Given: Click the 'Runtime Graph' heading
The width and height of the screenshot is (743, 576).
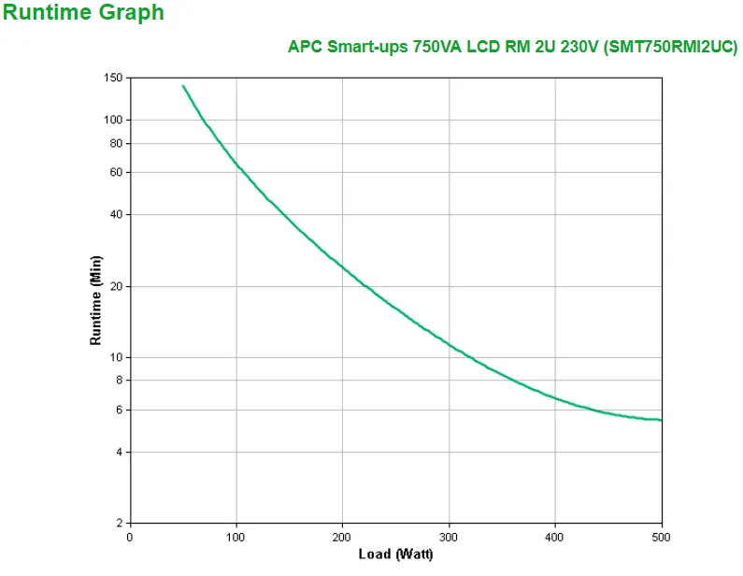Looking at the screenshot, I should pos(84,13).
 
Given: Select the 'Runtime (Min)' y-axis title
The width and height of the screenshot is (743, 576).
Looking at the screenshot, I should pos(95,299).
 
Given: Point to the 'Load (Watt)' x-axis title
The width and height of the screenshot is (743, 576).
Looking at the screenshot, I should pos(395,554).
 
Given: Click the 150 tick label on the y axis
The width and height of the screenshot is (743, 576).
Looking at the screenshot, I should pos(114,79).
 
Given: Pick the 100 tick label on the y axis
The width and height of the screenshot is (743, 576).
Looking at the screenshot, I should pos(114,120).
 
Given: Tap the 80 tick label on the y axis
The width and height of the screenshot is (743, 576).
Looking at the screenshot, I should pos(117,144).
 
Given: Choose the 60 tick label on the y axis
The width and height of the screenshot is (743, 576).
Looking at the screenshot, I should pos(117,173).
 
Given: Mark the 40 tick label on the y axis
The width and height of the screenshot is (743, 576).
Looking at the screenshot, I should pos(117,215).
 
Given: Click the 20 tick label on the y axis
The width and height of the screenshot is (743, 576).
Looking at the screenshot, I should pos(117,287).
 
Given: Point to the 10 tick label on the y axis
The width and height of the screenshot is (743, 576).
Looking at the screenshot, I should pos(117,358).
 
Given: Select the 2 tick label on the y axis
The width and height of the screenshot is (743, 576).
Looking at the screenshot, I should pos(120,523).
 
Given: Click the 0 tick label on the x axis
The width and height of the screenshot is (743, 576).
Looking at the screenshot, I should pos(130,537).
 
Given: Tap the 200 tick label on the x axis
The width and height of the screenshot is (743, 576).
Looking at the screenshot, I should pos(342,537).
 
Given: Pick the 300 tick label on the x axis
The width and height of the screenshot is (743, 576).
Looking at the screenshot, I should pos(449,537).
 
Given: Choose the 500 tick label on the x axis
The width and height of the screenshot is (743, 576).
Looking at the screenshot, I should pos(661,537).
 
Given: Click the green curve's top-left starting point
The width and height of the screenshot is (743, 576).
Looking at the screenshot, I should pos(183,86).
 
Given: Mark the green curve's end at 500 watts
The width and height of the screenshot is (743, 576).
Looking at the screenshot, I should pos(661,420).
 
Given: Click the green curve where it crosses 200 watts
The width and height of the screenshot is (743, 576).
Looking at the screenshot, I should pos(342,267).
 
